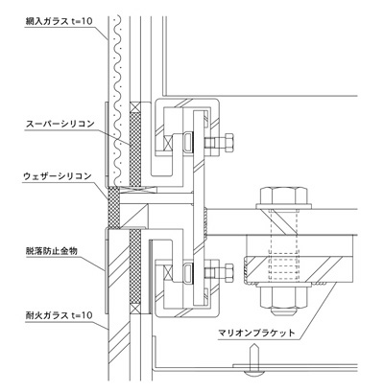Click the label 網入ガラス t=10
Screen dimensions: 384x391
click(x=59, y=21)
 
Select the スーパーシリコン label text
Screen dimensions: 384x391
click(x=60, y=124)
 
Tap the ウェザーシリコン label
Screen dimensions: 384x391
click(x=58, y=176)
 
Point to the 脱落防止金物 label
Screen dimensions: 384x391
click(x=52, y=251)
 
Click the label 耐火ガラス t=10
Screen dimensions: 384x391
click(x=59, y=315)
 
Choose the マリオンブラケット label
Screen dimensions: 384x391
click(x=256, y=333)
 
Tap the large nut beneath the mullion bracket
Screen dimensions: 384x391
click(x=283, y=297)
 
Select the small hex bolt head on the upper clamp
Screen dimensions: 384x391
click(x=228, y=143)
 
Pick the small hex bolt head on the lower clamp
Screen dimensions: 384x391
click(x=228, y=272)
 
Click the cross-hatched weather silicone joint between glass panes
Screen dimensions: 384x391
click(x=113, y=208)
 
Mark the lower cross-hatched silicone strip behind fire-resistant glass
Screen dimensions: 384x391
click(x=135, y=266)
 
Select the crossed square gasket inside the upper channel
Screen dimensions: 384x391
click(x=168, y=143)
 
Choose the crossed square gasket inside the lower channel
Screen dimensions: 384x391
click(x=168, y=272)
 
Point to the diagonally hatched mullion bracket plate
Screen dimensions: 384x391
click(x=300, y=270)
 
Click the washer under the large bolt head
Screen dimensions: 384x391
click(x=283, y=206)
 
